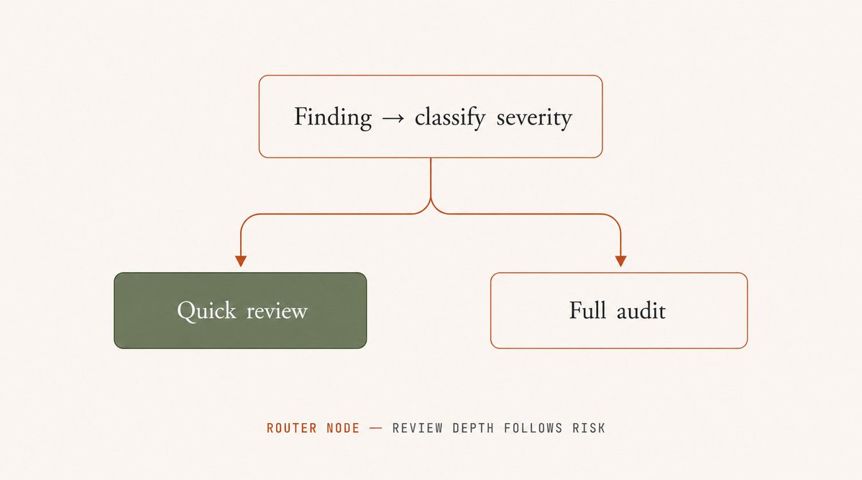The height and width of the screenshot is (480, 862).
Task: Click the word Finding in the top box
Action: click(333, 117)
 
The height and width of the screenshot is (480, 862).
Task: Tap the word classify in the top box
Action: click(449, 117)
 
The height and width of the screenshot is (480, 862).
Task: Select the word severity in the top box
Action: click(534, 118)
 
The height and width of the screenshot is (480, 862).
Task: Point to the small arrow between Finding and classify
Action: click(393, 118)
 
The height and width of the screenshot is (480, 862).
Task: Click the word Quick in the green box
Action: click(207, 311)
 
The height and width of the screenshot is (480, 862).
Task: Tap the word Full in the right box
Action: click(587, 310)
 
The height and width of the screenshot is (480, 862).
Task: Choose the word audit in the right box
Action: click(641, 311)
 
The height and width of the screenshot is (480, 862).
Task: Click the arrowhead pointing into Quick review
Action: click(241, 261)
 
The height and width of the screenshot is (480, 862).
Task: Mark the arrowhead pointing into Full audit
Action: click(620, 261)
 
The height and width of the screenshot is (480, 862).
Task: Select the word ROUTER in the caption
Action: click(292, 428)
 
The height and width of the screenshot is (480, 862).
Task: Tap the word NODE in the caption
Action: click(343, 428)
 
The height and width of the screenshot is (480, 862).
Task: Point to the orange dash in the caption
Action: click(376, 427)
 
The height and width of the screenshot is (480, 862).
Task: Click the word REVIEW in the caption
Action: click(417, 428)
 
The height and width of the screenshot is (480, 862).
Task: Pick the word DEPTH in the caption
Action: click(473, 428)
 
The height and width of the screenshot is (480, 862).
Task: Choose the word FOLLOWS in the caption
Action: click(533, 428)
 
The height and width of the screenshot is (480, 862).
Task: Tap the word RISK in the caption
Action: click(589, 428)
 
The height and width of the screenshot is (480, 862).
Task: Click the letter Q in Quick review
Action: click(187, 311)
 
